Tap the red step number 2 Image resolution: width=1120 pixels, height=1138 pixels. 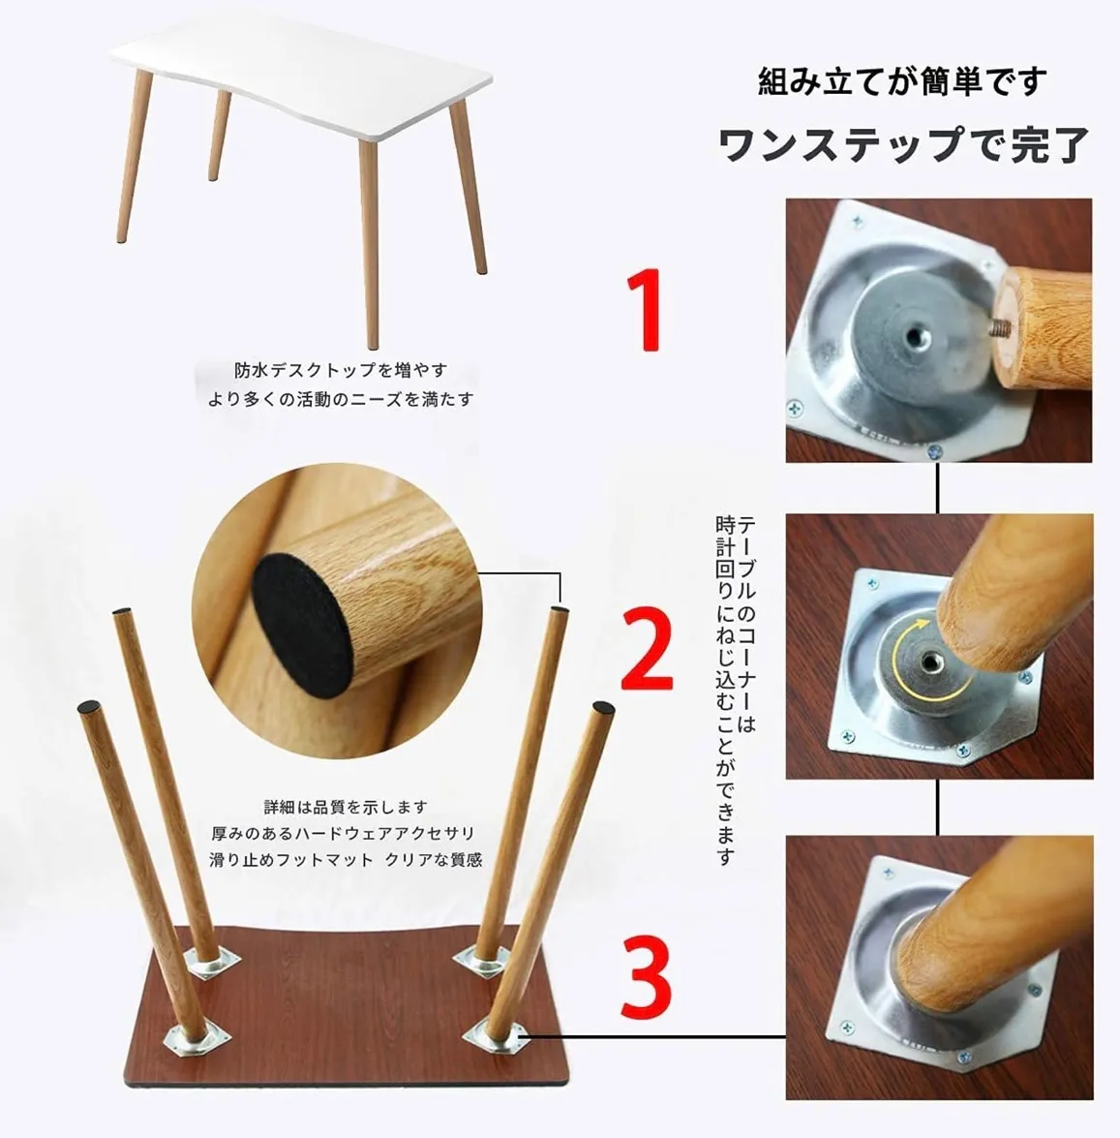[647, 649]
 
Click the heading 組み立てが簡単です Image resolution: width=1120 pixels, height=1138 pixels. [902, 80]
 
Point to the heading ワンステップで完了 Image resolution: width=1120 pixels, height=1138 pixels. [904, 143]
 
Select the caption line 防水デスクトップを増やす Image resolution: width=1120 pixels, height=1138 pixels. [340, 370]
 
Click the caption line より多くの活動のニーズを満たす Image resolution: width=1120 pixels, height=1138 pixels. [340, 398]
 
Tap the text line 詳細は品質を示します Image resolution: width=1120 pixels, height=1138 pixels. [346, 807]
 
